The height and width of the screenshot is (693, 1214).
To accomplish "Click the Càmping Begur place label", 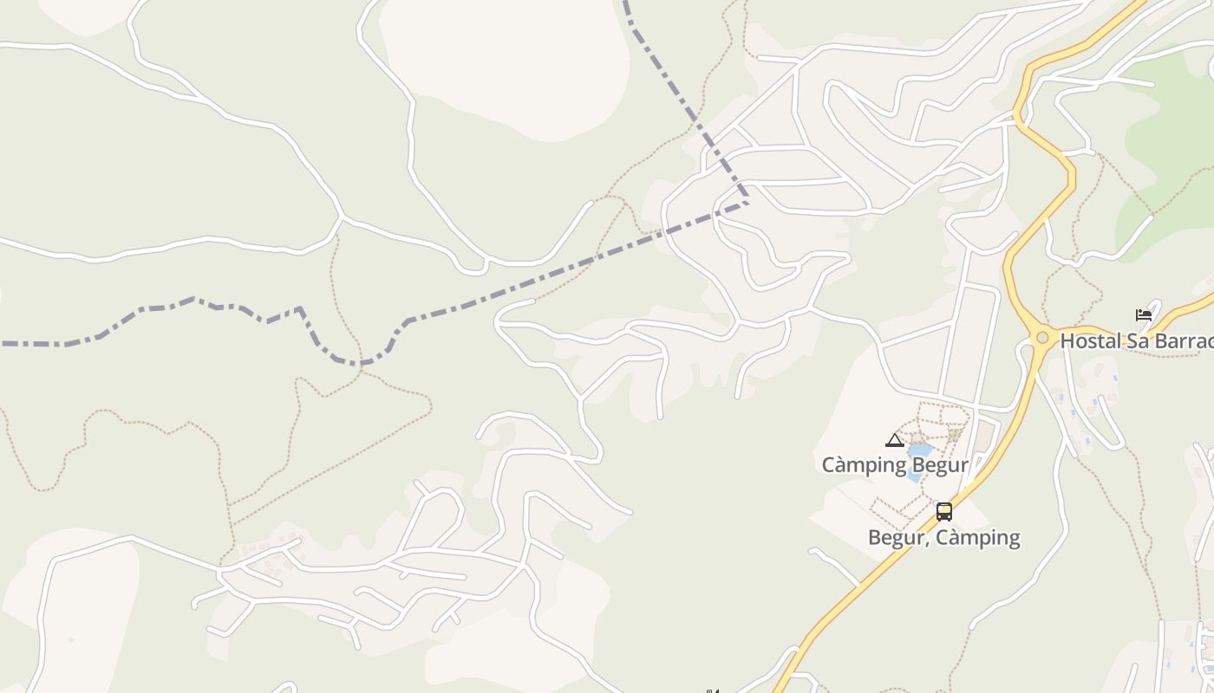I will point(894,465).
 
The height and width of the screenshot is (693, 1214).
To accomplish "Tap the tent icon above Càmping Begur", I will point(895,440).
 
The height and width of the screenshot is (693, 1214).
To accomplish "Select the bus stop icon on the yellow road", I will point(944,511).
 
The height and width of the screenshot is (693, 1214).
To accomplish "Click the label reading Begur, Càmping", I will point(943,537).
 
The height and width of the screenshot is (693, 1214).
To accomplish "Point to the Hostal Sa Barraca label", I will point(1136,340).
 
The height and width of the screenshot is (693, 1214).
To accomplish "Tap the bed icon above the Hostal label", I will point(1144,314).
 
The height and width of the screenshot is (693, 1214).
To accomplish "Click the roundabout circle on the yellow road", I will point(1042,338).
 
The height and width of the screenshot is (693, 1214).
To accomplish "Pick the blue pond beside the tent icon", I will point(918,451).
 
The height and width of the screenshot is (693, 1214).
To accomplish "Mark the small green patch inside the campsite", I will point(954,435).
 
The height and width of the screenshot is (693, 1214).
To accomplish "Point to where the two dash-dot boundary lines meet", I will point(747,202).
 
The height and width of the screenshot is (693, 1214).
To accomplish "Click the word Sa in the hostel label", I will point(1139,340).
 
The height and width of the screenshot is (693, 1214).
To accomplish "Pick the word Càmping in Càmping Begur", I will point(863,465).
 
